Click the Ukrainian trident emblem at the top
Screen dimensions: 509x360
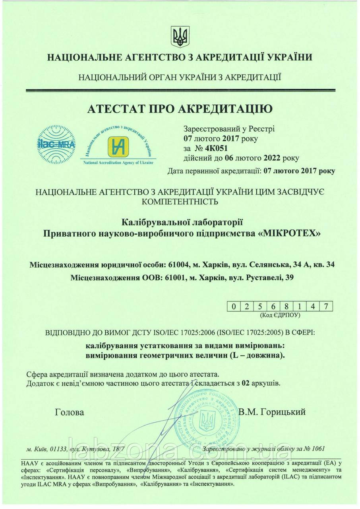point(180,37)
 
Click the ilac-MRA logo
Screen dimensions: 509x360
point(56,144)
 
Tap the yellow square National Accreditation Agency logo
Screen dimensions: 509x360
point(118,146)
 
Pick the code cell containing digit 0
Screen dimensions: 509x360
point(234,307)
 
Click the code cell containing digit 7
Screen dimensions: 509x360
point(326,307)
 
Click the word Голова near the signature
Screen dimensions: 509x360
point(70,412)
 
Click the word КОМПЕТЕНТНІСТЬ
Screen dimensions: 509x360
point(180,201)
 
